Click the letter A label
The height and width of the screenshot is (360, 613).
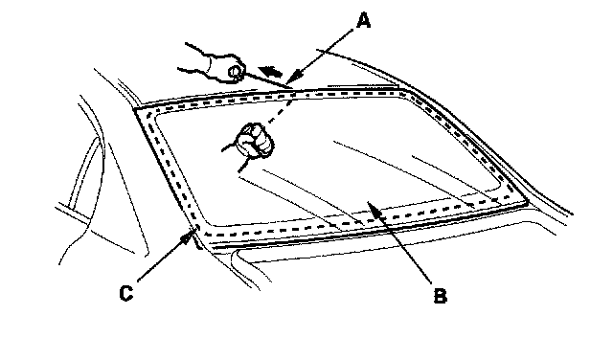363,21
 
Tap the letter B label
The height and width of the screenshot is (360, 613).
441,296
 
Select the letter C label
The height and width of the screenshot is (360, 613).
125,293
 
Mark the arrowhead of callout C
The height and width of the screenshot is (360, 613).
191,235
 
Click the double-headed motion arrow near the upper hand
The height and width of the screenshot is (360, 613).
272,71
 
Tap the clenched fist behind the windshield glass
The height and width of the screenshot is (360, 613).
255,140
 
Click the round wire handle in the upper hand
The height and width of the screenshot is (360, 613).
236,72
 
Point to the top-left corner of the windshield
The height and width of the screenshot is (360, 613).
134,110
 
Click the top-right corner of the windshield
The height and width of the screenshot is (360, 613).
404,90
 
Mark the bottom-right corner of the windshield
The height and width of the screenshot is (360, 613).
528,203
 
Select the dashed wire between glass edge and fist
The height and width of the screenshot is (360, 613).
279,111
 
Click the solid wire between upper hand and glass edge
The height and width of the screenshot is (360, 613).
266,79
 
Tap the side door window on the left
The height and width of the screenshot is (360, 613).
83,172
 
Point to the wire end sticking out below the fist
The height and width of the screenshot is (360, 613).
243,166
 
